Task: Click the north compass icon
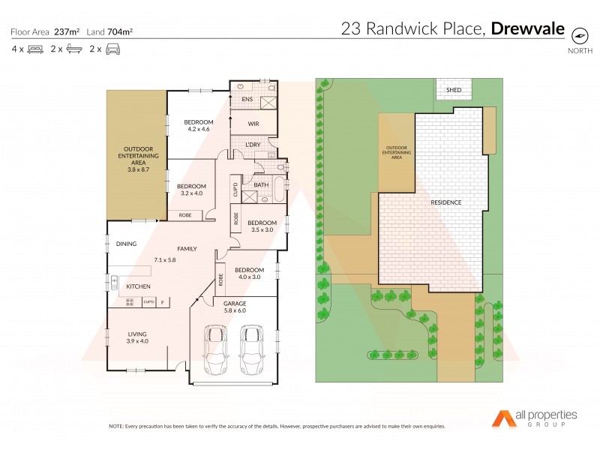tap(579, 35)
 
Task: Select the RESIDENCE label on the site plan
tap(445, 202)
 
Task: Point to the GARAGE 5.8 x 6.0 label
tap(235, 306)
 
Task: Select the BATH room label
tap(261, 184)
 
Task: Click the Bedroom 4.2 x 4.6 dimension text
tap(199, 130)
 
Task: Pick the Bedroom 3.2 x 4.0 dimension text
tap(191, 193)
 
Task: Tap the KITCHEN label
tap(138, 286)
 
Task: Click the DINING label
tap(126, 244)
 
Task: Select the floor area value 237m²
tap(67, 31)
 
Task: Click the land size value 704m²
tap(121, 31)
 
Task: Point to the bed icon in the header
tap(37, 49)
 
